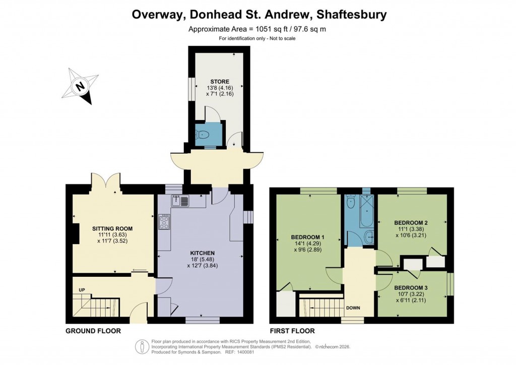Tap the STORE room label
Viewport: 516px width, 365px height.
(x=219, y=82)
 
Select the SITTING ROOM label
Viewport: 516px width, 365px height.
(x=112, y=228)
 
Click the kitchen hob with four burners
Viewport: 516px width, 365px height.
(x=164, y=222)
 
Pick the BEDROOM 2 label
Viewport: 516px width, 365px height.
(x=411, y=222)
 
